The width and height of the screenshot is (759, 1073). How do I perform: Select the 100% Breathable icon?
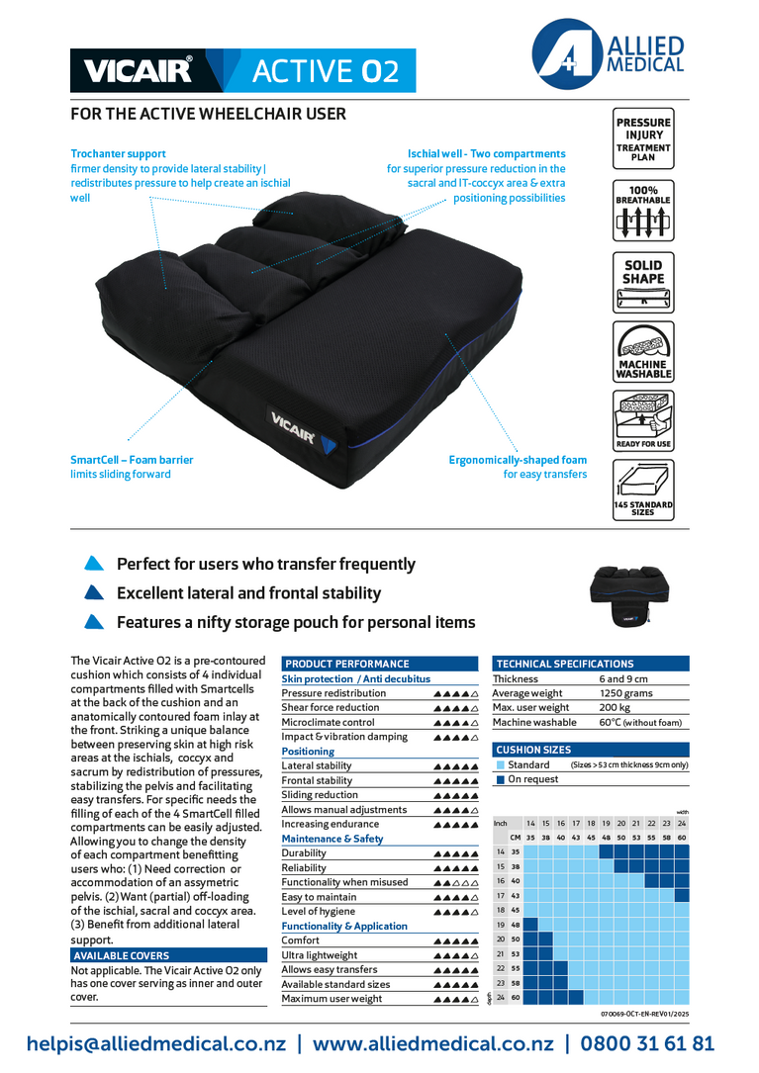(642, 210)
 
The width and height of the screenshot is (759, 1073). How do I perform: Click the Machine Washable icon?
(643, 352)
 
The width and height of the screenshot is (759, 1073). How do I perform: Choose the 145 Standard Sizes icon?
(642, 490)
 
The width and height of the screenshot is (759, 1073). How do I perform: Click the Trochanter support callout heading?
(119, 154)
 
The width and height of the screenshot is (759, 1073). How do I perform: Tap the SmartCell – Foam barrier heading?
(132, 460)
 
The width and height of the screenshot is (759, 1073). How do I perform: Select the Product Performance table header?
(346, 664)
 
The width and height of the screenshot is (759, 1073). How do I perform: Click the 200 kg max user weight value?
(615, 708)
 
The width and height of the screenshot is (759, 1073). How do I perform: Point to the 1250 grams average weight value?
(626, 693)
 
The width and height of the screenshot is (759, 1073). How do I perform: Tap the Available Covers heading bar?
(121, 956)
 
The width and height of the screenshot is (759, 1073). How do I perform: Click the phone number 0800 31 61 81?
(647, 1044)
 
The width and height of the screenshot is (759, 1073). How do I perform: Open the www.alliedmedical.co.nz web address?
(433, 1044)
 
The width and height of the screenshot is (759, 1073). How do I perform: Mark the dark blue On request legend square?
(501, 779)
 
